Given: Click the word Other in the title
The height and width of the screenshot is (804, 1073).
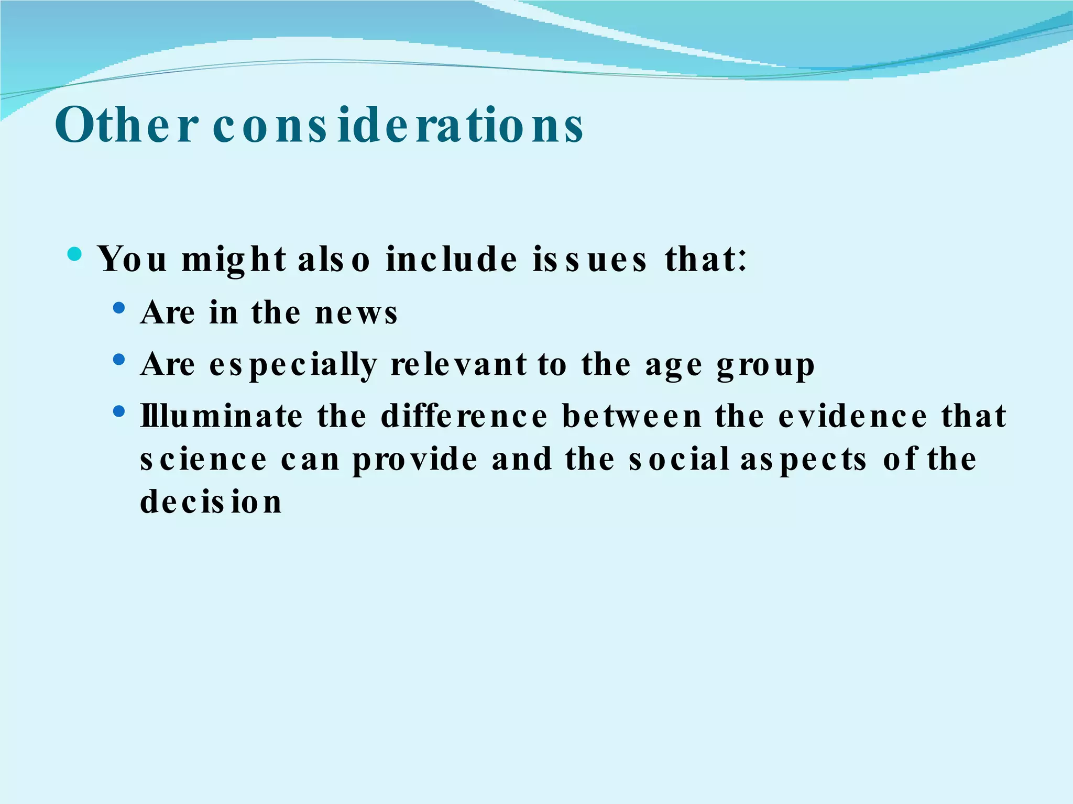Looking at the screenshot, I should pos(126,126).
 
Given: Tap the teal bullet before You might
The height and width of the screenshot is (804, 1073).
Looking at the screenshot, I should pos(75,255).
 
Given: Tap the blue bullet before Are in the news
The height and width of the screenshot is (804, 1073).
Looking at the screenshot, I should pos(119,308).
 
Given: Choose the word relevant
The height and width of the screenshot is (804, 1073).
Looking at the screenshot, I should pos(458,365).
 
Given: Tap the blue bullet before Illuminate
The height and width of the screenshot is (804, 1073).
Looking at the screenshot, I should pos(119,411).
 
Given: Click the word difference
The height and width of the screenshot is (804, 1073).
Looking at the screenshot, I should pos(464,417).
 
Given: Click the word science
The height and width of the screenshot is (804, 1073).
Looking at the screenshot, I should pos(204,460).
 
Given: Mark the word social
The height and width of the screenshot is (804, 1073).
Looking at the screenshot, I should pos(680,460).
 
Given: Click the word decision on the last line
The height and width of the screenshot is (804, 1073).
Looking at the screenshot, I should pos(211,502).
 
